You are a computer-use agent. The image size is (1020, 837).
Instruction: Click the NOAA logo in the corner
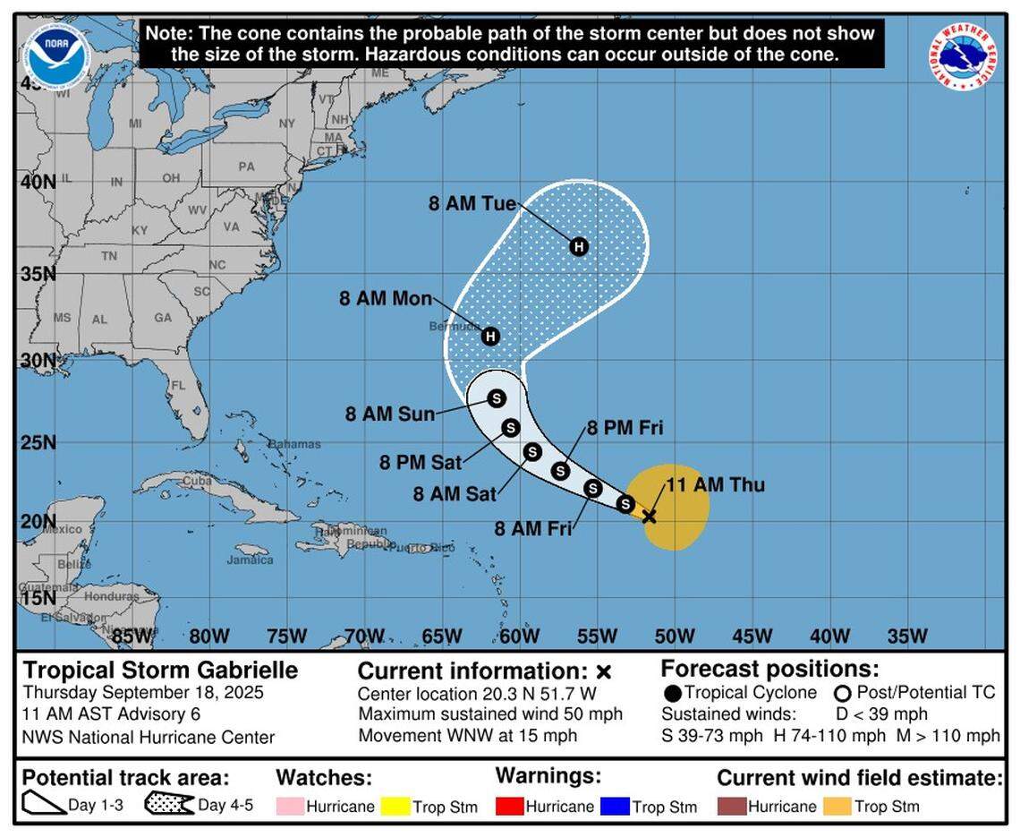(x=57, y=56)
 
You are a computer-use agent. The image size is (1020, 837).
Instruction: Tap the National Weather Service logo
(x=963, y=56)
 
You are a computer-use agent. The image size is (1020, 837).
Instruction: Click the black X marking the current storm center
(x=650, y=517)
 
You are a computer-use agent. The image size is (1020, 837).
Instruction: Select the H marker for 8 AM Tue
(x=579, y=246)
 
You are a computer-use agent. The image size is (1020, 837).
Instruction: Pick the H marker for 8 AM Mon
(x=489, y=337)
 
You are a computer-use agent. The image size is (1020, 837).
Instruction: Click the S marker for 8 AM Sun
(x=497, y=398)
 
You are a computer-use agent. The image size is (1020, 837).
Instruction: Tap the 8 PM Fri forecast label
(x=625, y=428)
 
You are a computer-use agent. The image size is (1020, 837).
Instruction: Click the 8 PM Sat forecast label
(x=421, y=462)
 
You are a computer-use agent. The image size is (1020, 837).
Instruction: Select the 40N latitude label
(x=38, y=181)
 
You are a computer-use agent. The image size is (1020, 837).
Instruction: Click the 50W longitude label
(x=675, y=636)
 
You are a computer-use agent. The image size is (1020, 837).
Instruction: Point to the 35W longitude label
(x=907, y=636)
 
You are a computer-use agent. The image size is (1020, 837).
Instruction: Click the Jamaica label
(x=250, y=559)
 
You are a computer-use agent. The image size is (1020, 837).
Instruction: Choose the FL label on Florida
(x=177, y=386)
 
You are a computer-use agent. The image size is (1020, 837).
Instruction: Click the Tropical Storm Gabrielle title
(x=160, y=670)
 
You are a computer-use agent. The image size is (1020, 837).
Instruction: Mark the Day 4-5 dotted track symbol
(x=169, y=804)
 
